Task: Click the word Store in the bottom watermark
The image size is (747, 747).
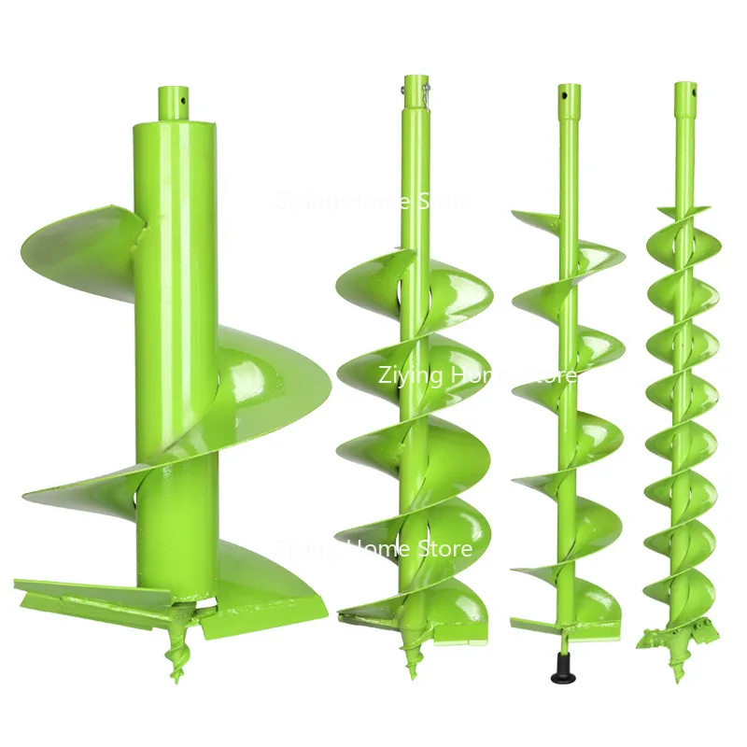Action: point(444,548)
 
